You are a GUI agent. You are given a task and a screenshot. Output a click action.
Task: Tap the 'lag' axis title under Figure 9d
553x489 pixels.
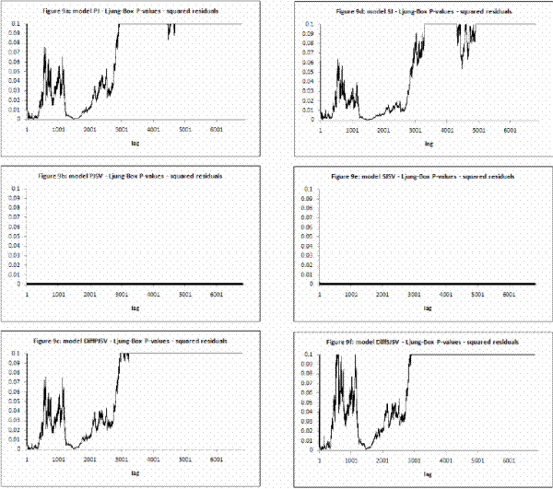[x=428, y=144]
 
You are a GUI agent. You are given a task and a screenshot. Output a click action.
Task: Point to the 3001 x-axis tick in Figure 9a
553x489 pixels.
[x=121, y=129]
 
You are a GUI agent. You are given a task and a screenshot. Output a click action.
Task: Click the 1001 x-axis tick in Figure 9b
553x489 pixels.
[x=58, y=294]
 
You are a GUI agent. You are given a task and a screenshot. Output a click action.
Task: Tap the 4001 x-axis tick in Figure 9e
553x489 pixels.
[x=446, y=294]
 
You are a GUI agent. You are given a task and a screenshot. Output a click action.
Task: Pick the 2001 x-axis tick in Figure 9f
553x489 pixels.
[x=382, y=458]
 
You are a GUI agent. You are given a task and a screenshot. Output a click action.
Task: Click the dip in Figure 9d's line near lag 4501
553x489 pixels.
[x=463, y=66]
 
